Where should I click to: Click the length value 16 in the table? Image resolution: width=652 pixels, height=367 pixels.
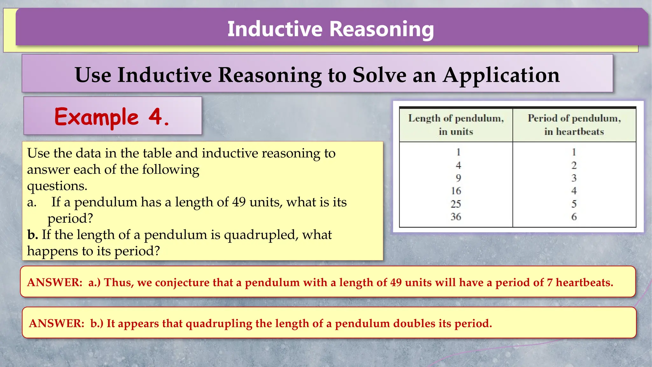point(456,191)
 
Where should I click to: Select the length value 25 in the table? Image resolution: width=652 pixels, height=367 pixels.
point(456,204)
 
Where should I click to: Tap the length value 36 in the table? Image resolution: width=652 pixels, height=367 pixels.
point(456,217)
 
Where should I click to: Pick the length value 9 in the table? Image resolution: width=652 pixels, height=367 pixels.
point(458,178)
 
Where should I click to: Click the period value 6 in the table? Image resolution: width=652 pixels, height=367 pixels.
point(574,217)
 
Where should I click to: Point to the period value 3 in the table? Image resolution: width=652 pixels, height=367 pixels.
point(574,178)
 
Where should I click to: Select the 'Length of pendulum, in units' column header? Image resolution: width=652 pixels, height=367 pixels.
point(456,125)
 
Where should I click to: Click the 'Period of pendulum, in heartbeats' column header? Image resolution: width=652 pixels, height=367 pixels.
point(574,125)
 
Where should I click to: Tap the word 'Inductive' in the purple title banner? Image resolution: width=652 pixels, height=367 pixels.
point(275,29)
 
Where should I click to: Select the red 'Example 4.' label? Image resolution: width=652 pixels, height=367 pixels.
point(112,117)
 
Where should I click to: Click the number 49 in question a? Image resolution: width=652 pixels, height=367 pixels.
point(239,202)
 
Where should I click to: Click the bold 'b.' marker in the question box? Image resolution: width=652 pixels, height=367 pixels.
point(32,235)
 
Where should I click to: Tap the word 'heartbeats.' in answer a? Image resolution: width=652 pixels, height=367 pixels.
point(584,283)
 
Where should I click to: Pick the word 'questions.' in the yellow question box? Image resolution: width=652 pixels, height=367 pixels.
point(57,186)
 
